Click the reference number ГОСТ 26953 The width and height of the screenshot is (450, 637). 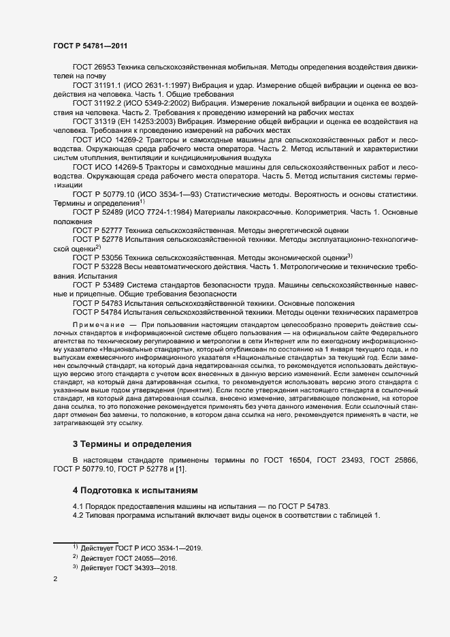click(x=94, y=69)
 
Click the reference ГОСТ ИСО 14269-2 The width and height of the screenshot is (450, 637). click(x=107, y=139)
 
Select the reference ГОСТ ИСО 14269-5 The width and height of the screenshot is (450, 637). click(x=107, y=167)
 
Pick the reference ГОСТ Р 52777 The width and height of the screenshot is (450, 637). click(x=99, y=231)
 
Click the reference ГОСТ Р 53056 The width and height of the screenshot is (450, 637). click(x=99, y=258)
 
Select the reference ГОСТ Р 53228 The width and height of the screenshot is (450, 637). click(x=99, y=266)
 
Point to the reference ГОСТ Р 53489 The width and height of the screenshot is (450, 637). click(x=99, y=284)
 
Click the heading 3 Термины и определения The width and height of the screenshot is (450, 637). click(x=123, y=444)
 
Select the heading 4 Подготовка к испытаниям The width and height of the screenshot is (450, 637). click(x=129, y=490)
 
